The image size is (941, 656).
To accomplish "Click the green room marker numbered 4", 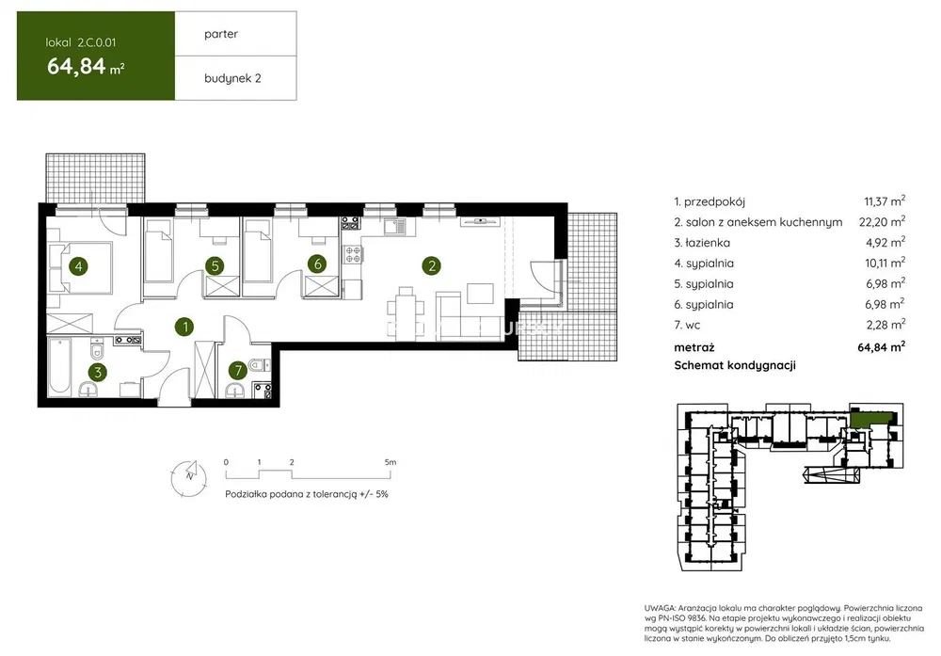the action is [79, 265].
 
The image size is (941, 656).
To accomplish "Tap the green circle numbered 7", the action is [238, 370].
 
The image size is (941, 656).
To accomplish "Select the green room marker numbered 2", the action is [432, 265].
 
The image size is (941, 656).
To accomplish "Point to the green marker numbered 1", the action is [184, 327].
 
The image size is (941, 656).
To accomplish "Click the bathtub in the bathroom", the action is [60, 367].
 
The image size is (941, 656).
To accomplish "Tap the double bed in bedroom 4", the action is [80, 267].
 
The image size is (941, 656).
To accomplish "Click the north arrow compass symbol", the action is [189, 477].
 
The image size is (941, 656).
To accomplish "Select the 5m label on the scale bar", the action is [391, 462].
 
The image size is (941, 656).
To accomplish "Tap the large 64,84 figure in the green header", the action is [76, 66].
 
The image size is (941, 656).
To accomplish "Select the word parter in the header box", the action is [221, 34].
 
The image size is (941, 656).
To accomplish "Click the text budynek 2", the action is [232, 78].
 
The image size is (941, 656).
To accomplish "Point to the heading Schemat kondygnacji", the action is [735, 365].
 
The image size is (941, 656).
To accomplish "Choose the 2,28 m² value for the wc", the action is [885, 324].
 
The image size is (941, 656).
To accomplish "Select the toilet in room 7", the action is [259, 363].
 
